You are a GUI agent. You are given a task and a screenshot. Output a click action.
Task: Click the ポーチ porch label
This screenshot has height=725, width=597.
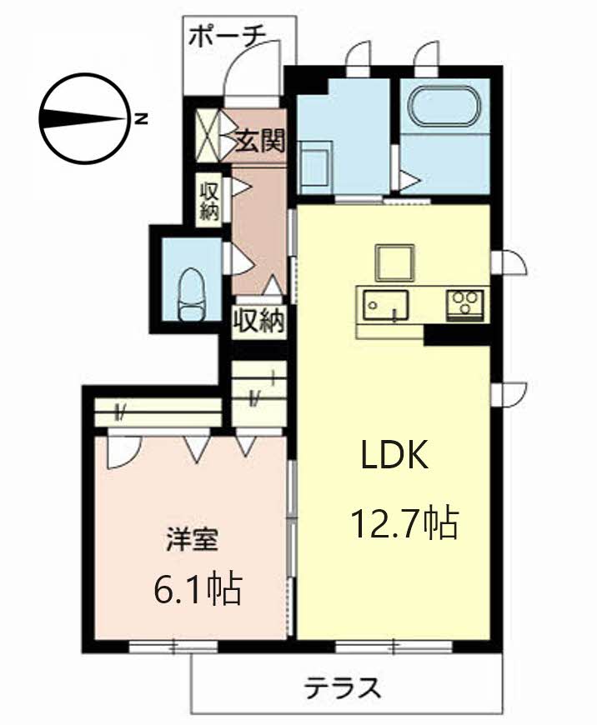coord(228,36)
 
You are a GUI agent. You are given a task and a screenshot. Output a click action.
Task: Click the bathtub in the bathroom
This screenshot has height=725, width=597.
coord(444,106)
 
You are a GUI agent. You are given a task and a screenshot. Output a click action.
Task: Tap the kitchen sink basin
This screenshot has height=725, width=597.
coord(385,305)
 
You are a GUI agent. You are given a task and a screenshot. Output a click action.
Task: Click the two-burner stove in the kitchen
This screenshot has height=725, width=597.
coord(464,305)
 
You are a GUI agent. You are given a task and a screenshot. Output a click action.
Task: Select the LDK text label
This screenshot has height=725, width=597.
coord(394,455)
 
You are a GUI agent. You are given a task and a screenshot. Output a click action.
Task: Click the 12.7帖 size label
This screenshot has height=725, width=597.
coord(405,524)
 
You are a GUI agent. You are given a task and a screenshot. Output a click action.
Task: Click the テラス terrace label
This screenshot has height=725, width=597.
coord(343,687)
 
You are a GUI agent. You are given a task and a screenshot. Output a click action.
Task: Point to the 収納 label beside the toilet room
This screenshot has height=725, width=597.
coord(258,320)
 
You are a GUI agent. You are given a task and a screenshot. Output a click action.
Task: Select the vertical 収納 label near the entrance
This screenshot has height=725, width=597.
coord(209,201)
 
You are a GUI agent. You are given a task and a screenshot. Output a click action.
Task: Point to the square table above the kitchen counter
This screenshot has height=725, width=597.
coord(394,262)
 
